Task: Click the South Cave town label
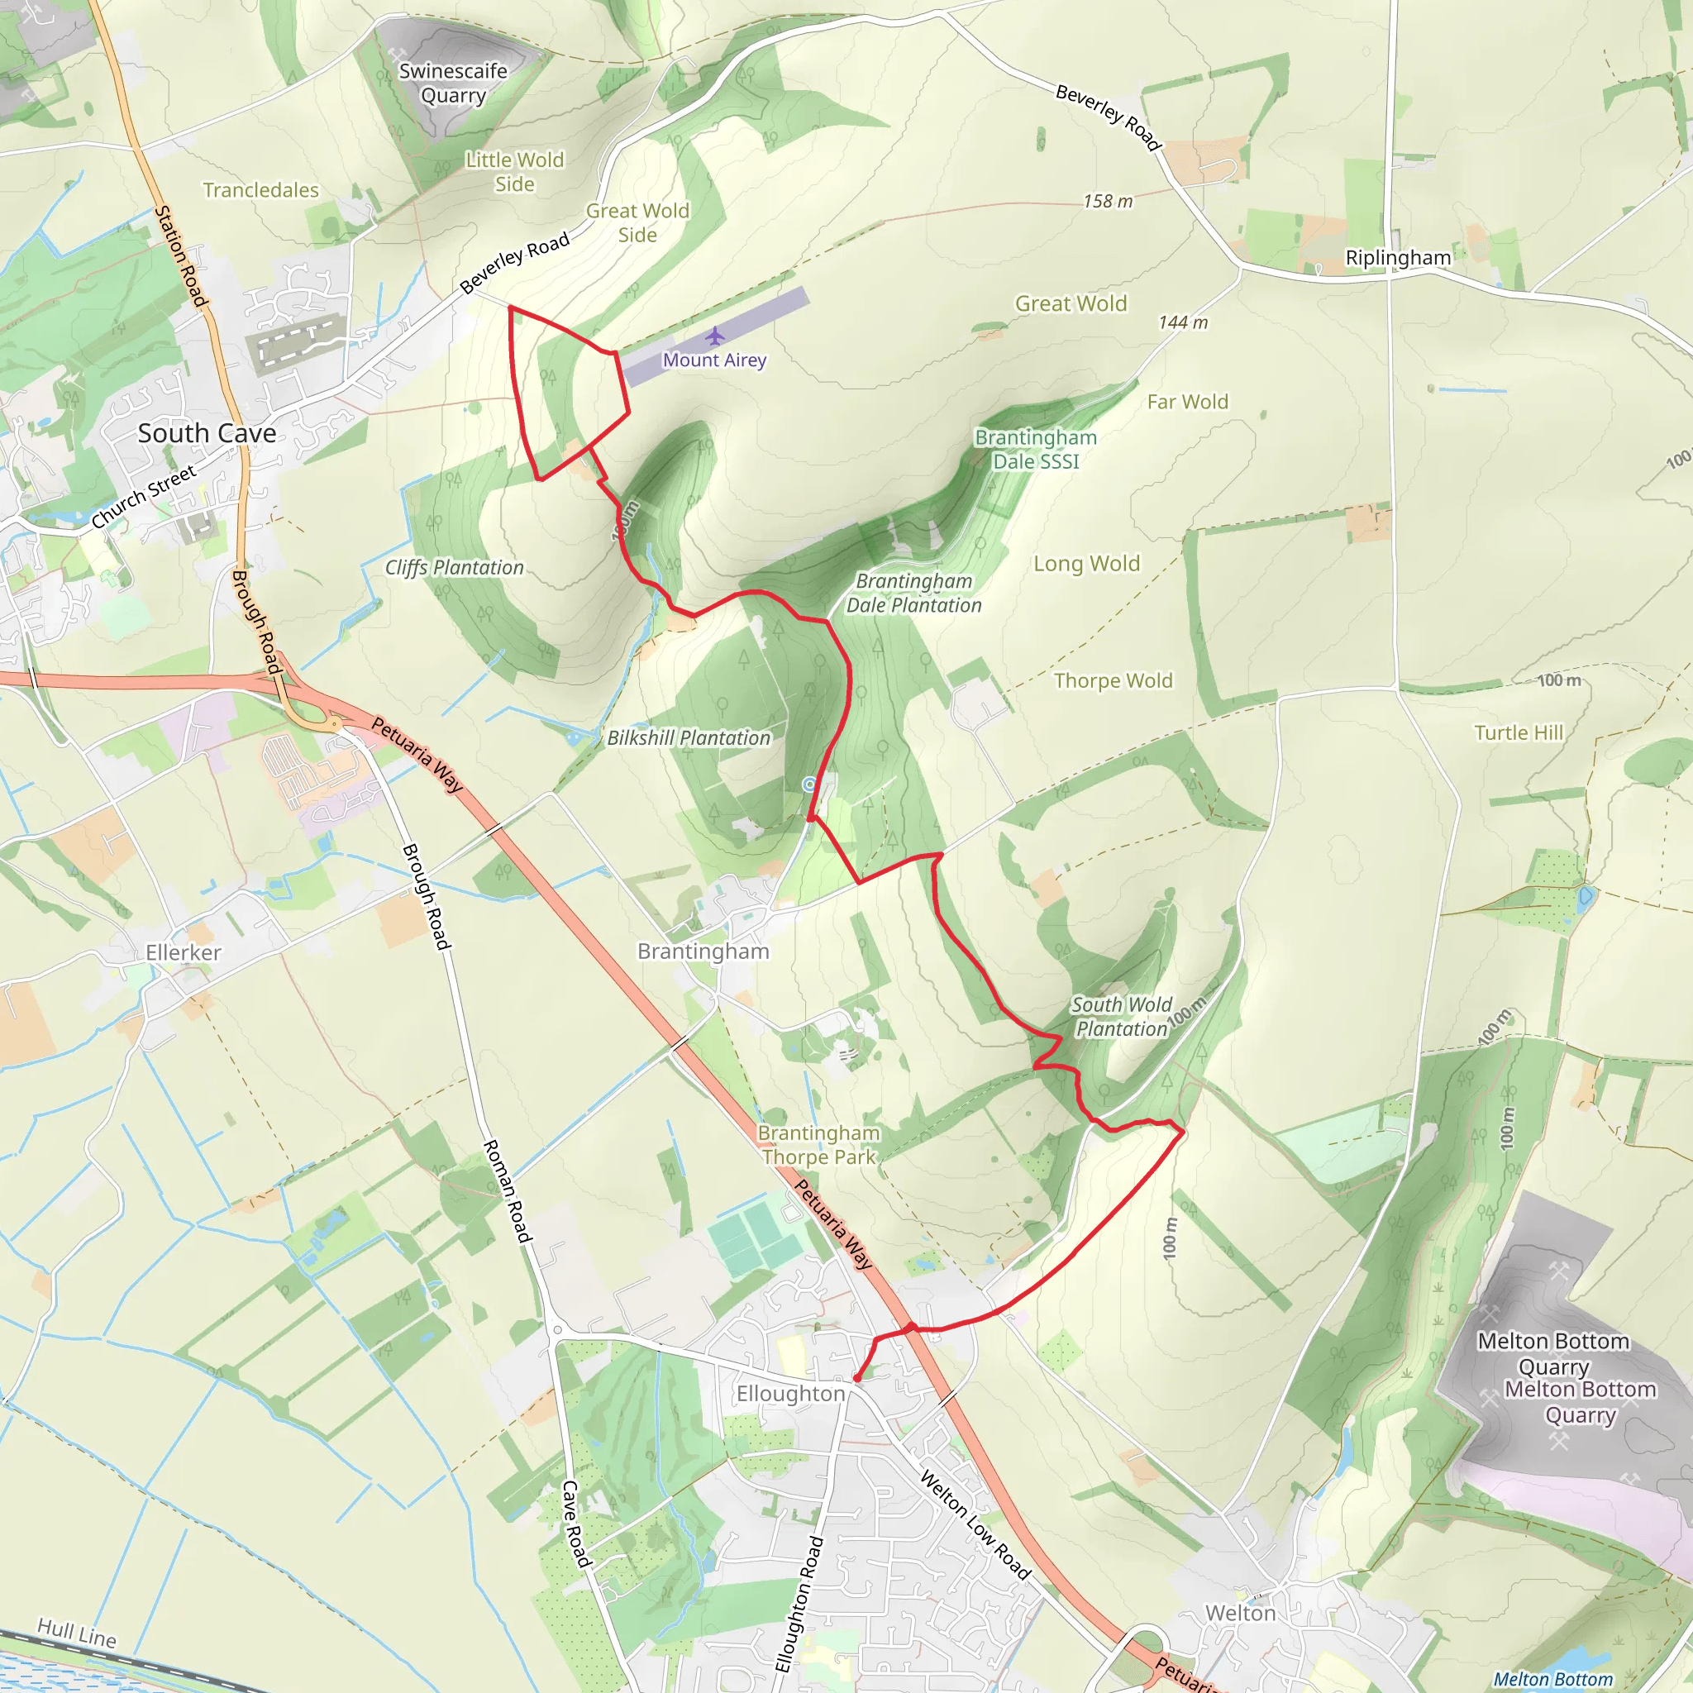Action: tap(207, 433)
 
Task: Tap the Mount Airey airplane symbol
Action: tap(715, 336)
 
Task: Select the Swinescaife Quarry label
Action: tap(453, 83)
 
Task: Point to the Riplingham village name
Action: tap(1398, 258)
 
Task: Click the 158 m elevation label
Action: tap(1108, 202)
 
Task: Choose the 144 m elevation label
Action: tap(1183, 322)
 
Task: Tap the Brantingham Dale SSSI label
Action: tap(1036, 450)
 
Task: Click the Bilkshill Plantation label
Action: tap(689, 738)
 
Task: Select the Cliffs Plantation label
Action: tap(454, 568)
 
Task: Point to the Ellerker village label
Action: tap(184, 952)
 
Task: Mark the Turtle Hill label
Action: tap(1519, 732)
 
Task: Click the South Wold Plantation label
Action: tap(1122, 1017)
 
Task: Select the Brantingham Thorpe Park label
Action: tap(818, 1145)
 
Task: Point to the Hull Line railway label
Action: tap(77, 1633)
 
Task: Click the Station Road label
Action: tap(181, 257)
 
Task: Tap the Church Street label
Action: tap(144, 497)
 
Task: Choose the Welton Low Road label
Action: tap(975, 1524)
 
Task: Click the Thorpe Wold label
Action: tap(1113, 681)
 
